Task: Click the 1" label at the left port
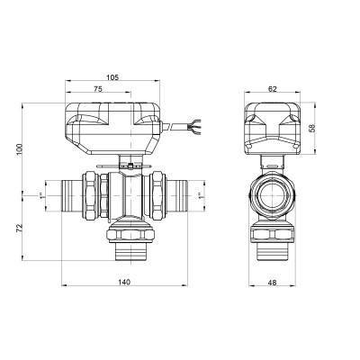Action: pyautogui.click(x=43, y=193)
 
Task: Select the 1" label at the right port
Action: pyautogui.click(x=200, y=193)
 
